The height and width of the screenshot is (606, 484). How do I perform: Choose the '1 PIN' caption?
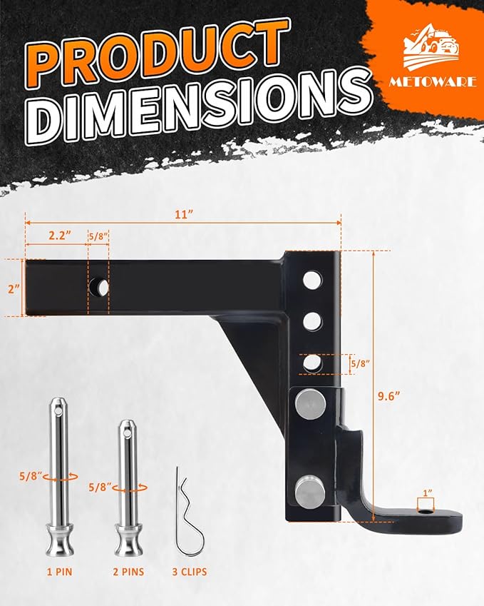(58, 571)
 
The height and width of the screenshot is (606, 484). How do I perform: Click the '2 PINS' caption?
(128, 571)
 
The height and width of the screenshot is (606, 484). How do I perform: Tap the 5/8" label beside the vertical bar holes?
(361, 363)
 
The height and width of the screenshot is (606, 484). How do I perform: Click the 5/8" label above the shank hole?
(98, 234)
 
